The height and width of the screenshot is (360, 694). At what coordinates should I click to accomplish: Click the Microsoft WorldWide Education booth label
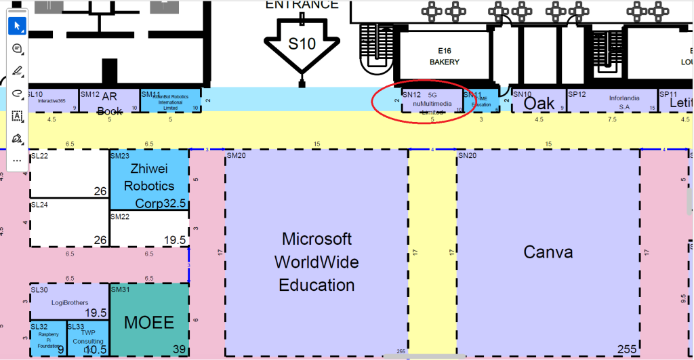317,262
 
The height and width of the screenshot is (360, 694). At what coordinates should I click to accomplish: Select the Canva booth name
548,253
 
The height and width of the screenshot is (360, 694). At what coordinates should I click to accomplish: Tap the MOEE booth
149,322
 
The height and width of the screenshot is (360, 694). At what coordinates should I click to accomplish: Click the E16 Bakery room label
445,56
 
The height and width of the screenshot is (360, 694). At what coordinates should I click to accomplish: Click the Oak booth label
539,103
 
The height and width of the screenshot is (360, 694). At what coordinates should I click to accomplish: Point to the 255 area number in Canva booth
627,349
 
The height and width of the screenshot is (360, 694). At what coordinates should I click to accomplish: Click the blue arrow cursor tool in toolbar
18,26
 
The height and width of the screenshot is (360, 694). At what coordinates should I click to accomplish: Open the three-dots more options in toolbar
18,161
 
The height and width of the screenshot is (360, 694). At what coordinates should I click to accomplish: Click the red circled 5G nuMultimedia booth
426,102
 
